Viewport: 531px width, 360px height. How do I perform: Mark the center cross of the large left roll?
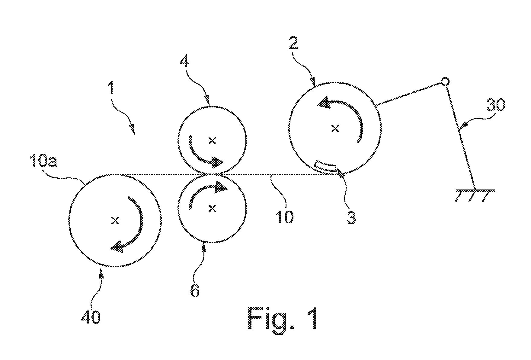115,221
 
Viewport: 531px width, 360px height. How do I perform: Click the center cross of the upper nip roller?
212,140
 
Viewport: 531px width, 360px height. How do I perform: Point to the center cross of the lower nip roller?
212,208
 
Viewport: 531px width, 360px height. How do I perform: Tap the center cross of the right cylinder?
335,129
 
